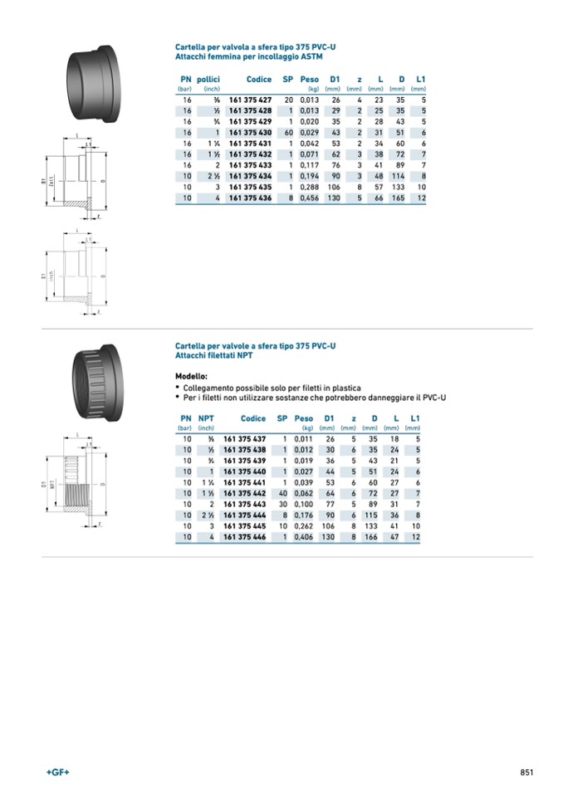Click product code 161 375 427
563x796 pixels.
[x=250, y=100]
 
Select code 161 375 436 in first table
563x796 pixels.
[x=250, y=198]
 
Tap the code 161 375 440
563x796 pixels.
[x=245, y=471]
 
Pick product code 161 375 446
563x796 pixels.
[x=245, y=537]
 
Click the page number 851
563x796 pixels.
[x=526, y=772]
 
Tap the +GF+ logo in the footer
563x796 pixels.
[x=58, y=772]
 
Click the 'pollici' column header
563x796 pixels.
[x=208, y=80]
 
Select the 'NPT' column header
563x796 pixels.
[x=206, y=419]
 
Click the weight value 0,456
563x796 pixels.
[x=310, y=198]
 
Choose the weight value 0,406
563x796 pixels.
[x=304, y=537]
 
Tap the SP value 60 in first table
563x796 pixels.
[x=288, y=133]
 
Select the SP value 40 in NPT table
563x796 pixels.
[x=282, y=493]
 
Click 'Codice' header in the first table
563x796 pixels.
[x=259, y=80]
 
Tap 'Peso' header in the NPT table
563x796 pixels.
[x=304, y=419]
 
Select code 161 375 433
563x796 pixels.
[x=250, y=165]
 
